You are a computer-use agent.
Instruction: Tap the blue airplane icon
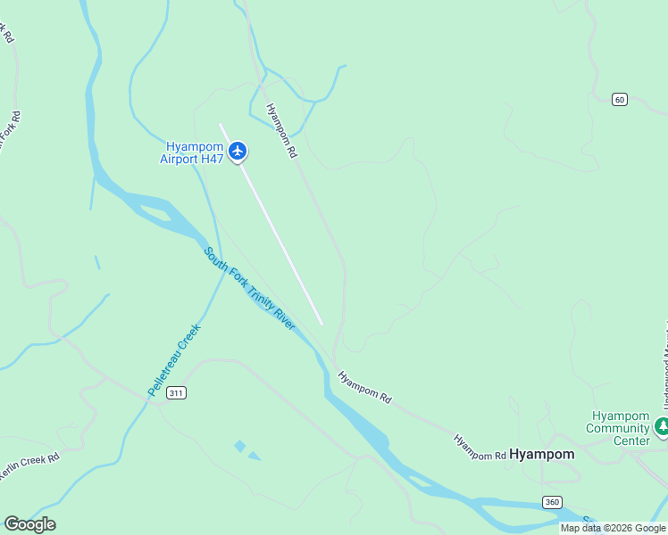pyautogui.click(x=237, y=151)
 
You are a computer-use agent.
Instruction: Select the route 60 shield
pyautogui.click(x=619, y=99)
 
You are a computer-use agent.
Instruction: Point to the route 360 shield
pyautogui.click(x=551, y=502)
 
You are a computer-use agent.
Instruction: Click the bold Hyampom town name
pyautogui.click(x=542, y=454)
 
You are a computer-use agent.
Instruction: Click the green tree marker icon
pyautogui.click(x=662, y=426)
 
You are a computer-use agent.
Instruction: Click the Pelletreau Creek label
pyautogui.click(x=174, y=360)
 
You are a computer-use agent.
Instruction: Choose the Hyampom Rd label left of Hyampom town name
pyautogui.click(x=480, y=448)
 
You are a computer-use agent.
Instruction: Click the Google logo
pyautogui.click(x=29, y=524)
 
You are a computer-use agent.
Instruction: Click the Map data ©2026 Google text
pyautogui.click(x=613, y=528)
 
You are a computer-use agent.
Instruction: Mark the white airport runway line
pyautogui.click(x=271, y=224)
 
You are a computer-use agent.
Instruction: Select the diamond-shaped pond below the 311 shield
pyautogui.click(x=239, y=445)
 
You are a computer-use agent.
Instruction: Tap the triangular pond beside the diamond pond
pyautogui.click(x=255, y=457)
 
